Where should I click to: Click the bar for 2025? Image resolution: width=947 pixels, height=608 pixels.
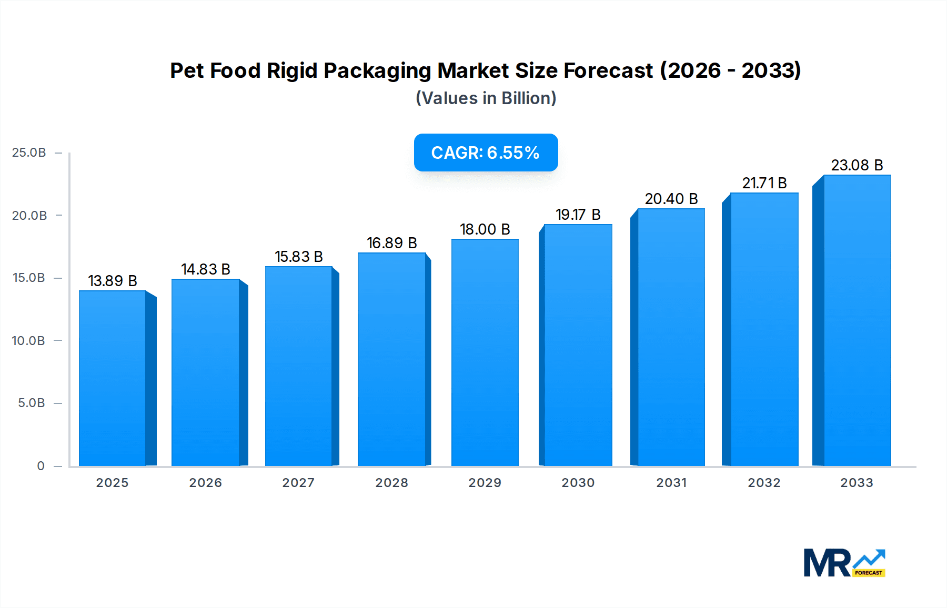(113, 379)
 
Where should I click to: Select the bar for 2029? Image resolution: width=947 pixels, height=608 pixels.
(485, 352)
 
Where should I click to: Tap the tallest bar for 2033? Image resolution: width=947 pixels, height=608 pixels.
(857, 321)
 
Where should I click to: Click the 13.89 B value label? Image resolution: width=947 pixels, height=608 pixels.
(113, 281)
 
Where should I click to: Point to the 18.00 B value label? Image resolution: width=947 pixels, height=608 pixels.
(485, 229)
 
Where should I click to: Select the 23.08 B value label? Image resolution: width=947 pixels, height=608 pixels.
(857, 165)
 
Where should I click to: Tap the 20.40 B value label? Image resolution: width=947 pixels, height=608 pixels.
(671, 199)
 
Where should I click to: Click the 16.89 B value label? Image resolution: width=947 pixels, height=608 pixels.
(391, 243)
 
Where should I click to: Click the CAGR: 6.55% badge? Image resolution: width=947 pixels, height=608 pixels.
(485, 153)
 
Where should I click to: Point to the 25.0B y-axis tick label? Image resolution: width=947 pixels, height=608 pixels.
(29, 153)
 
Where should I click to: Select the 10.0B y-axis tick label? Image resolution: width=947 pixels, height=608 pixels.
(28, 341)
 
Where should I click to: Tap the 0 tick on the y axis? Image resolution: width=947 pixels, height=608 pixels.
(41, 466)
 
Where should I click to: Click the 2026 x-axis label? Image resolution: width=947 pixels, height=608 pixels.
(205, 483)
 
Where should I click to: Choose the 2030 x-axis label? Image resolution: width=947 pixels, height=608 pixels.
(578, 483)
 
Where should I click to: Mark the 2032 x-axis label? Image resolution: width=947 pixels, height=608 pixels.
(764, 483)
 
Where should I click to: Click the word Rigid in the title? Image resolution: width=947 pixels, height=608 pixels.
(292, 71)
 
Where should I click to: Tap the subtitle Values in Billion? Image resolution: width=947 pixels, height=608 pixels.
(486, 98)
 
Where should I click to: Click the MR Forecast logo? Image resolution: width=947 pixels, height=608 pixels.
(844, 563)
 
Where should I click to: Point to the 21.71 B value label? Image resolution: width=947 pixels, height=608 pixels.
(764, 183)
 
